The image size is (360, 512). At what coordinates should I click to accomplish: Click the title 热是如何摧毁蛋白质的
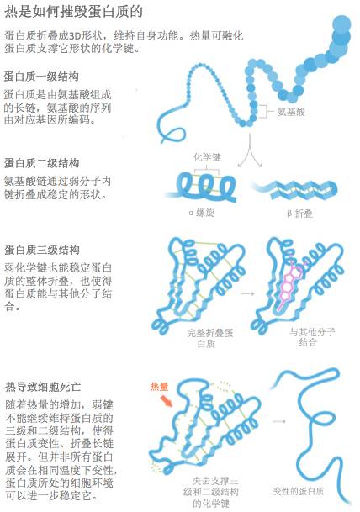(73, 12)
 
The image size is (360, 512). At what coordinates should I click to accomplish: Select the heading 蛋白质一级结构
(41, 77)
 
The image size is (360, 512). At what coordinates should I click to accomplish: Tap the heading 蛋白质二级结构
(41, 163)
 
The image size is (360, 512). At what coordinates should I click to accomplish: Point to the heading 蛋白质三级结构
(42, 250)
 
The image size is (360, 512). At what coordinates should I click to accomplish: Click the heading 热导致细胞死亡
(43, 387)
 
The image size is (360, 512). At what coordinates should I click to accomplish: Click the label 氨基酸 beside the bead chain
(291, 112)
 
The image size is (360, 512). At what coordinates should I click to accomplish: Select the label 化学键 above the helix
(207, 157)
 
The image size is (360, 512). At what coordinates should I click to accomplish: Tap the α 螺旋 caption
(202, 213)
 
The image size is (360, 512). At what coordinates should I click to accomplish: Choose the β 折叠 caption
(300, 214)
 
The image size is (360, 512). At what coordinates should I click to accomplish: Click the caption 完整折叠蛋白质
(209, 338)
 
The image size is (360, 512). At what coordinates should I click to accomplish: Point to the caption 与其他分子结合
(312, 337)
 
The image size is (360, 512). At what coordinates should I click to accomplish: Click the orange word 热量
(159, 387)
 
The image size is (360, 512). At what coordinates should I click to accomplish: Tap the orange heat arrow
(167, 401)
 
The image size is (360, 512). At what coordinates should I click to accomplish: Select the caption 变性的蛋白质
(299, 491)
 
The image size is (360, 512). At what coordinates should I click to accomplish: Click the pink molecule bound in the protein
(290, 284)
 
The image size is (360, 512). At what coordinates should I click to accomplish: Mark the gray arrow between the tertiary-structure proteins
(247, 293)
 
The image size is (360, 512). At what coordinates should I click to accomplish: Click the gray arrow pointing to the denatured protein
(279, 421)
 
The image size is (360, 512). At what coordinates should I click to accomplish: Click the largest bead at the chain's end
(341, 24)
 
